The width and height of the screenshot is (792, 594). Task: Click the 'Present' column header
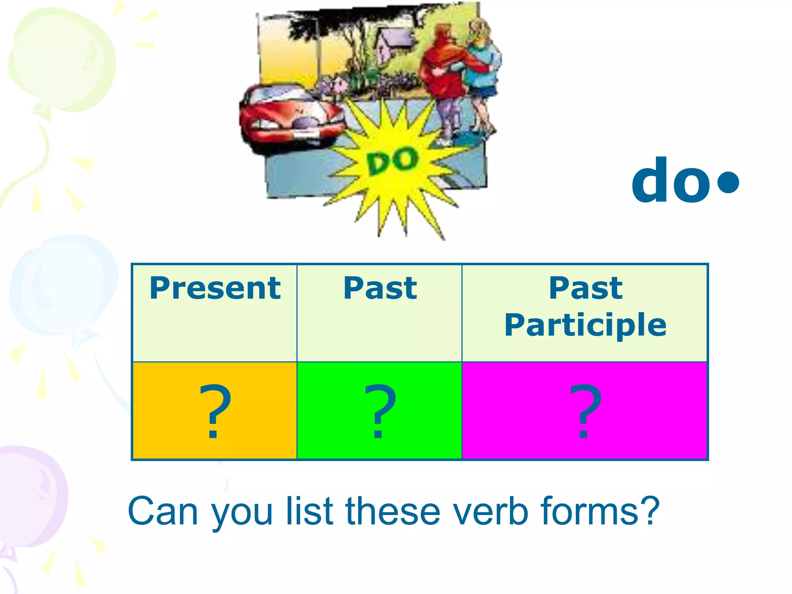click(215, 288)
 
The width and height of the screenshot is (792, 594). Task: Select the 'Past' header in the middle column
click(380, 288)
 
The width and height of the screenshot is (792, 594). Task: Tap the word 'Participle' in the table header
click(585, 325)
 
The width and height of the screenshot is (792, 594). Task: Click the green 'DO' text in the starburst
click(393, 161)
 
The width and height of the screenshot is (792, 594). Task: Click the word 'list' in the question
click(309, 511)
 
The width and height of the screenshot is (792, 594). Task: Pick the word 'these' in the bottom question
click(393, 511)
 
